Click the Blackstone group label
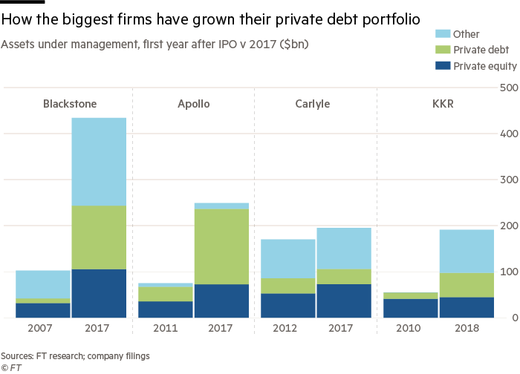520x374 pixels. pyautogui.click(x=71, y=104)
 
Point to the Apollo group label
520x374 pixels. pyautogui.click(x=193, y=104)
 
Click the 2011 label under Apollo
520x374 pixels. pyautogui.click(x=165, y=327)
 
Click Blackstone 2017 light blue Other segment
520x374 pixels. pyautogui.click(x=99, y=161)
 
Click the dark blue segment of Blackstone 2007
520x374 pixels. pyautogui.click(x=43, y=310)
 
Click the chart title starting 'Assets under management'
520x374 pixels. pyautogui.click(x=155, y=45)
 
